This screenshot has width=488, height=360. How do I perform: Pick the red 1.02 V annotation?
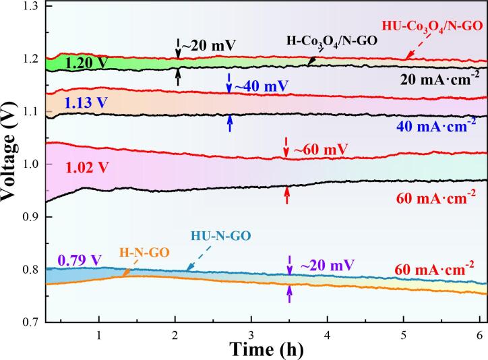(84, 164)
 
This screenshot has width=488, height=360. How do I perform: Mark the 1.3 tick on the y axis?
(30, 6)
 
